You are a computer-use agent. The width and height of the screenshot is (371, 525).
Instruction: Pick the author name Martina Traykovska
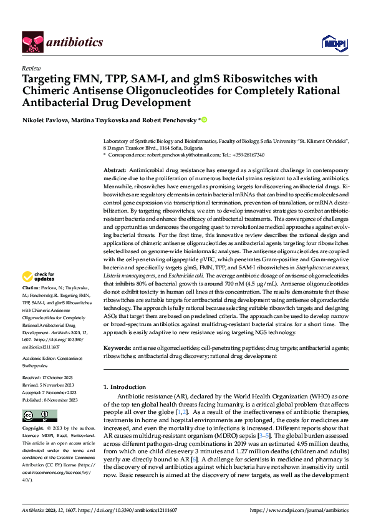(102, 119)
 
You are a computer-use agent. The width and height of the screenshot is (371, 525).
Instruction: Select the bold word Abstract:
(115, 170)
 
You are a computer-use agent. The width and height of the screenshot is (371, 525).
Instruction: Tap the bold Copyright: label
(34, 429)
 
